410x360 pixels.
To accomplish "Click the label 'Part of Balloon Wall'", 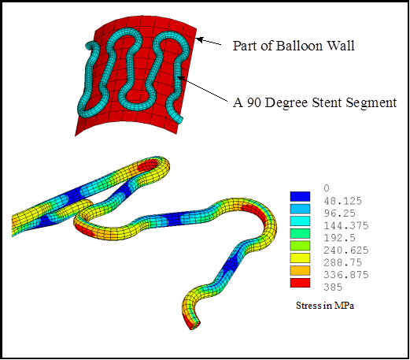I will [294, 46].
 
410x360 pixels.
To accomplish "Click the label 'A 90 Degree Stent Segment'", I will [314, 102].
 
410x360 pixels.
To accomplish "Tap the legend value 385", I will [333, 288].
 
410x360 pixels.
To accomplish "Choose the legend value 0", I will [327, 187].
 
